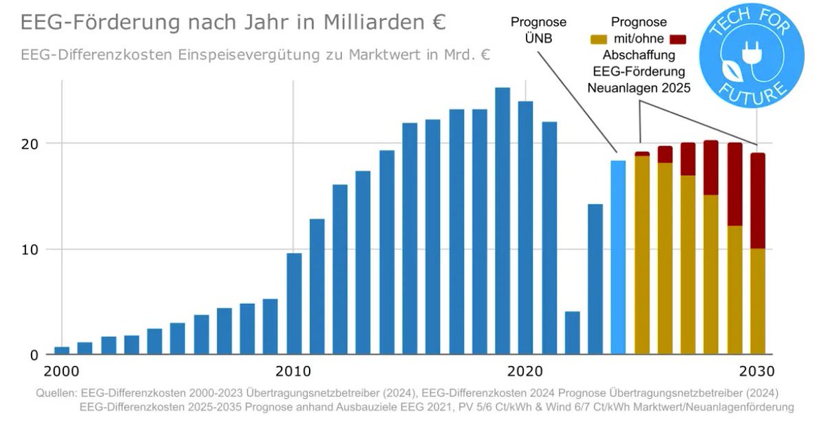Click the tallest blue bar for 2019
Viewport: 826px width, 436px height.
[502, 220]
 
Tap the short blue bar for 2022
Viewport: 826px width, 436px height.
[572, 333]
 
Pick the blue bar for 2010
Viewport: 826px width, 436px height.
[294, 303]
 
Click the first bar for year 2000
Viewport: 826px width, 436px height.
[62, 351]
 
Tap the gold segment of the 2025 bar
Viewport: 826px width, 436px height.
[642, 255]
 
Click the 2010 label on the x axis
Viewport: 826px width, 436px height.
[294, 371]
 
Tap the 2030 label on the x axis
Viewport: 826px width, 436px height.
[757, 371]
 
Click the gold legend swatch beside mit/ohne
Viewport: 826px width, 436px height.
[602, 39]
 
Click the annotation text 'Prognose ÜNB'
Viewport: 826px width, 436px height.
[538, 30]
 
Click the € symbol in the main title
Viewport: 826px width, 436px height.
[438, 22]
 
